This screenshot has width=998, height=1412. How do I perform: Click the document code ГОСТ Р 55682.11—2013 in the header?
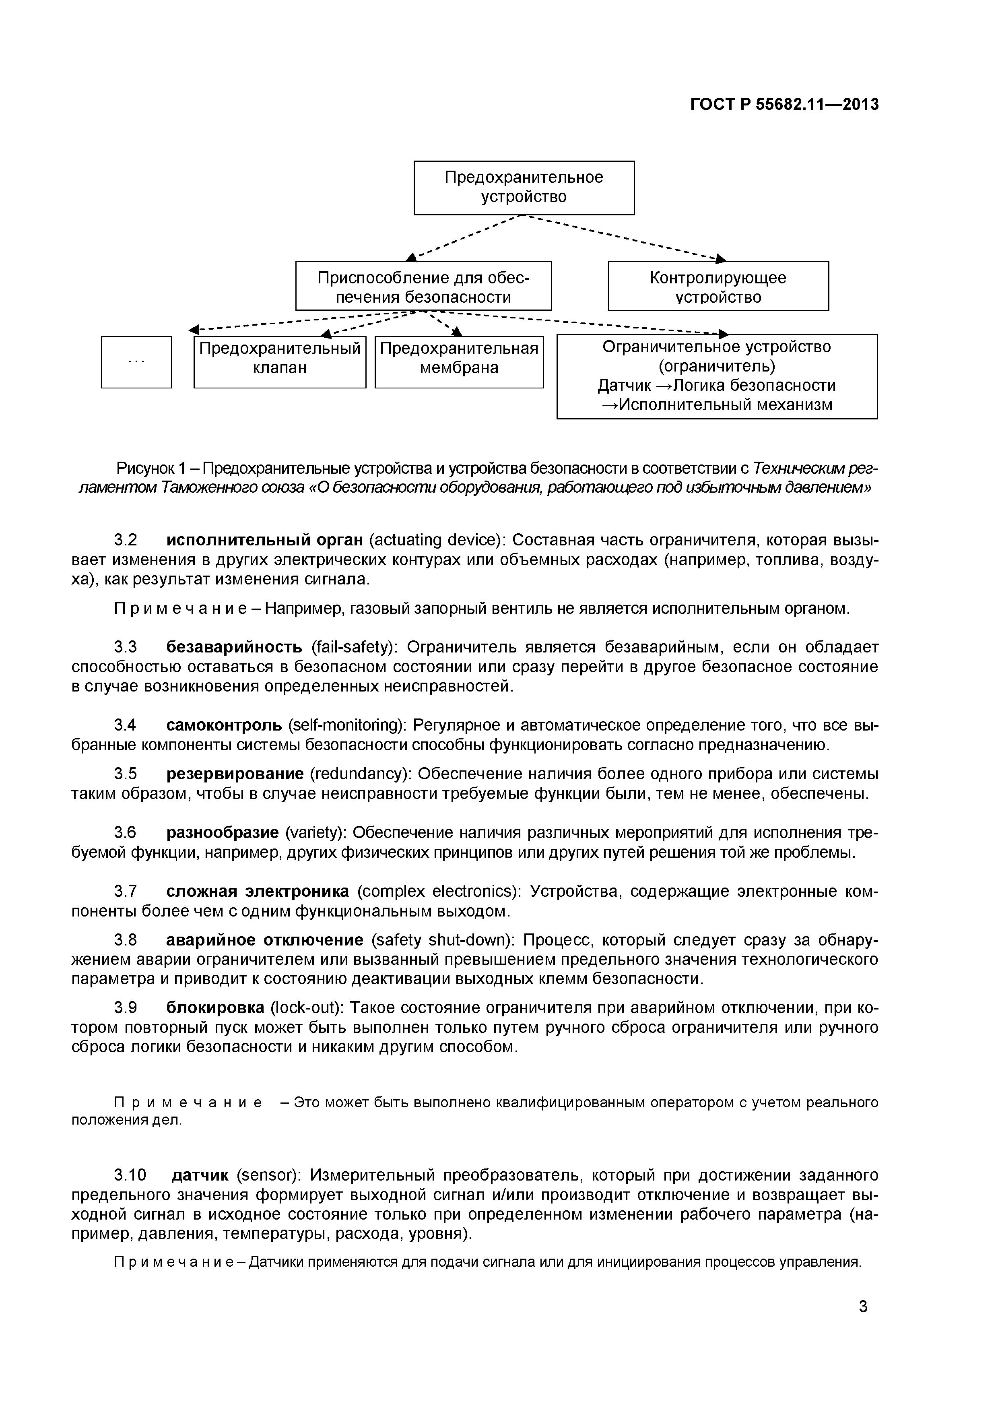click(x=784, y=105)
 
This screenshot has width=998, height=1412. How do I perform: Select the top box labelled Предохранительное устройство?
click(x=524, y=188)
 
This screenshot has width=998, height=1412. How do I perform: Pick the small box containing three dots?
click(x=136, y=362)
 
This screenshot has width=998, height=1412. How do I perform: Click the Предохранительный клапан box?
click(x=280, y=362)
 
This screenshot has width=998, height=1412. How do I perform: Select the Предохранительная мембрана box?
click(x=459, y=362)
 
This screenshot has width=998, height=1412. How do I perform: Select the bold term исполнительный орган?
click(x=265, y=540)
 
